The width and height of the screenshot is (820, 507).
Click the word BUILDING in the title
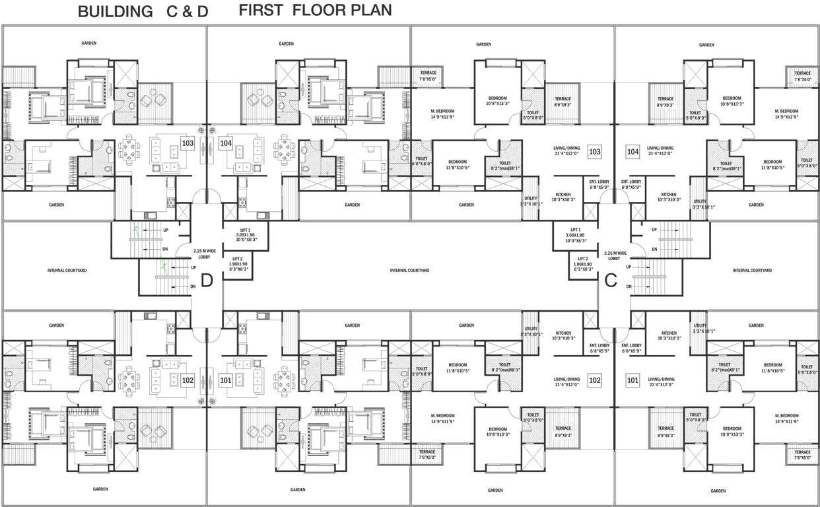tap(112, 11)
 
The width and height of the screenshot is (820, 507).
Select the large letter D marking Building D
tap(206, 281)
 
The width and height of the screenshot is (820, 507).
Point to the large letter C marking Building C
tap(611, 280)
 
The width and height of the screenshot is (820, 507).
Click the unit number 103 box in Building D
tap(188, 143)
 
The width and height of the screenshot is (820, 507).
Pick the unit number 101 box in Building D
tap(226, 380)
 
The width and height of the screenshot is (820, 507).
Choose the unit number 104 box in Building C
tap(632, 152)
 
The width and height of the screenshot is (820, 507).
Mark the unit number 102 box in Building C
tap(594, 380)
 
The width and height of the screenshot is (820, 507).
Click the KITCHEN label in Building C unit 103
tap(563, 197)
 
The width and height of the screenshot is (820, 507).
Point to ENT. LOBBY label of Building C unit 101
tap(631, 348)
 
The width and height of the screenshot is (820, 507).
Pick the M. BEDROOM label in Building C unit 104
tap(786, 114)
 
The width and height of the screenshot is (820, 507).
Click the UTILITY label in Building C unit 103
tap(531, 201)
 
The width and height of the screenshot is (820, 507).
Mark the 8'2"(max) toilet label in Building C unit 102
tap(505, 367)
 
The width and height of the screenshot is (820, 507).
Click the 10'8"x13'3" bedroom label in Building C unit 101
tap(732, 431)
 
